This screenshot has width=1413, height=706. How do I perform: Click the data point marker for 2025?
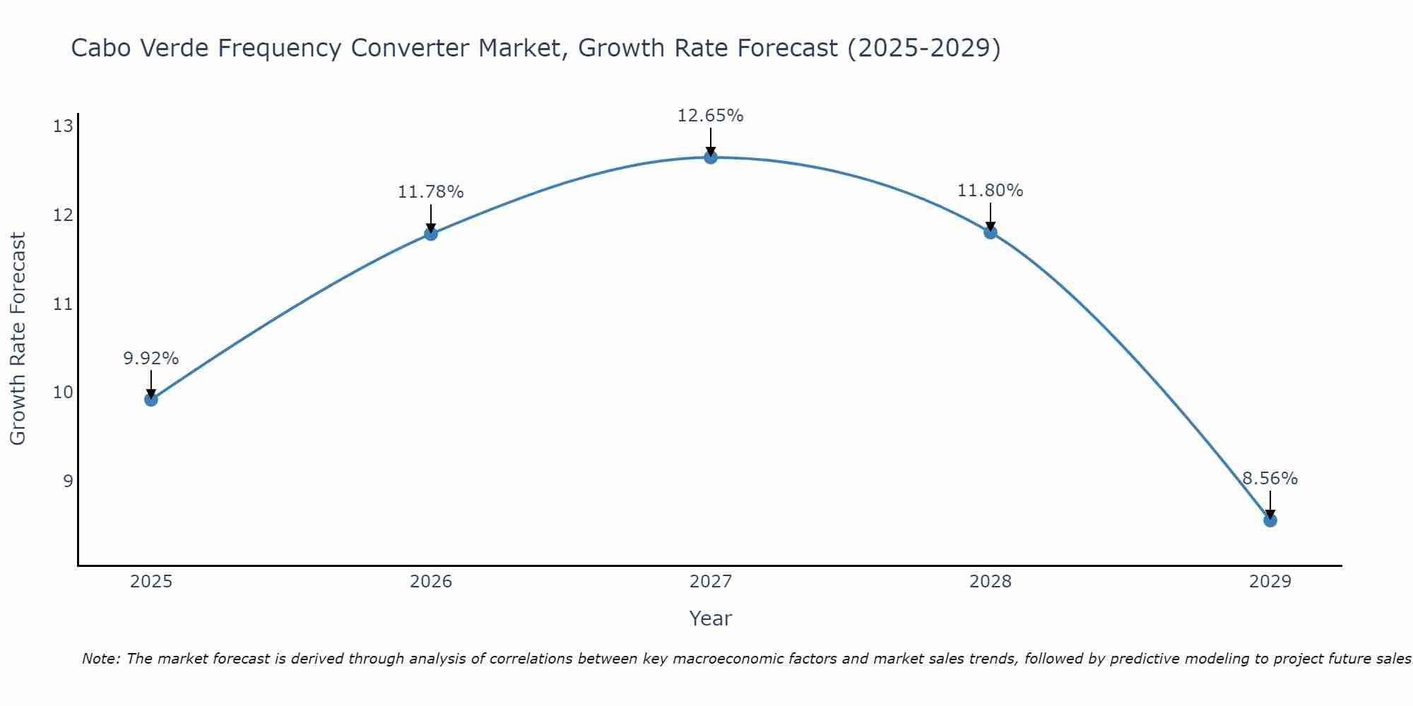coord(150,400)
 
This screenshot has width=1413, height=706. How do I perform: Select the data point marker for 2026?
coord(431,234)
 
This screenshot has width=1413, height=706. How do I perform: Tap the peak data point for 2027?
coord(711,157)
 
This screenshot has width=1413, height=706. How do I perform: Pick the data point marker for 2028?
coord(991,232)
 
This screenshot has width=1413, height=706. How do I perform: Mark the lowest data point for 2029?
coord(1270,520)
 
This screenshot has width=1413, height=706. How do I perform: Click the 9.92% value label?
coord(150,359)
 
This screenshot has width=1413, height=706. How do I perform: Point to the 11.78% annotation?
coord(431,192)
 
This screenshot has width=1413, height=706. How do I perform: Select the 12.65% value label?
coord(711,116)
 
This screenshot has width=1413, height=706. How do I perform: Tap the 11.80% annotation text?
coord(991,191)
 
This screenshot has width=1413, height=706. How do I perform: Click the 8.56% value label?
coord(1270,479)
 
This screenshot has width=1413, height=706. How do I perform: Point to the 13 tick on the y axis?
coord(63,126)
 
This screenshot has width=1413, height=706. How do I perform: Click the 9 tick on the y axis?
coord(68,481)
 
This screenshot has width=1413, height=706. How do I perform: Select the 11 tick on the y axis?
coord(63,304)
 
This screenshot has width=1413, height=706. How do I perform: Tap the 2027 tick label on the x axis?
coord(711,582)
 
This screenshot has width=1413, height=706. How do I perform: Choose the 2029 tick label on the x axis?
coord(1270,582)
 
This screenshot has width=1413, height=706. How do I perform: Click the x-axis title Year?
coord(711,618)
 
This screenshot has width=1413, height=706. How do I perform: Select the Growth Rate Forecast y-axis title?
coord(18,339)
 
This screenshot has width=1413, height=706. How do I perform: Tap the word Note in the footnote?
coord(102,659)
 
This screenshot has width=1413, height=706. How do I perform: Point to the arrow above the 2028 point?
coord(991,216)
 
